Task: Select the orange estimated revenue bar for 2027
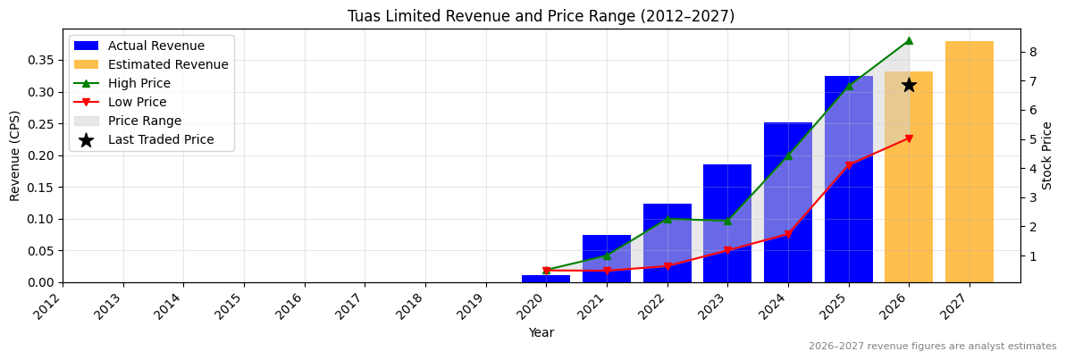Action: point(969,162)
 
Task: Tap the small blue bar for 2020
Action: point(546,279)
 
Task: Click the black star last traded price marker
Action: point(909,85)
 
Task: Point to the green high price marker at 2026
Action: point(909,40)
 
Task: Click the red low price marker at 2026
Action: point(909,138)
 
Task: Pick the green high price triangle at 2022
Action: point(667,218)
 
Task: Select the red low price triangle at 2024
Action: point(788,234)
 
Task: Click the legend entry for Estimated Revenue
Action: point(168,64)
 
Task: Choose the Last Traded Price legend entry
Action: point(161,139)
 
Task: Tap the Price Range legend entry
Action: point(145,121)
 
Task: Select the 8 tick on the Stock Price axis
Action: point(1032,52)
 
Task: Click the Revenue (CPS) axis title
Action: point(15,155)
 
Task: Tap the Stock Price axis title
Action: point(1048,155)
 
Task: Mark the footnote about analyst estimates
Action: point(932,347)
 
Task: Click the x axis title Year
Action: point(541,333)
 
